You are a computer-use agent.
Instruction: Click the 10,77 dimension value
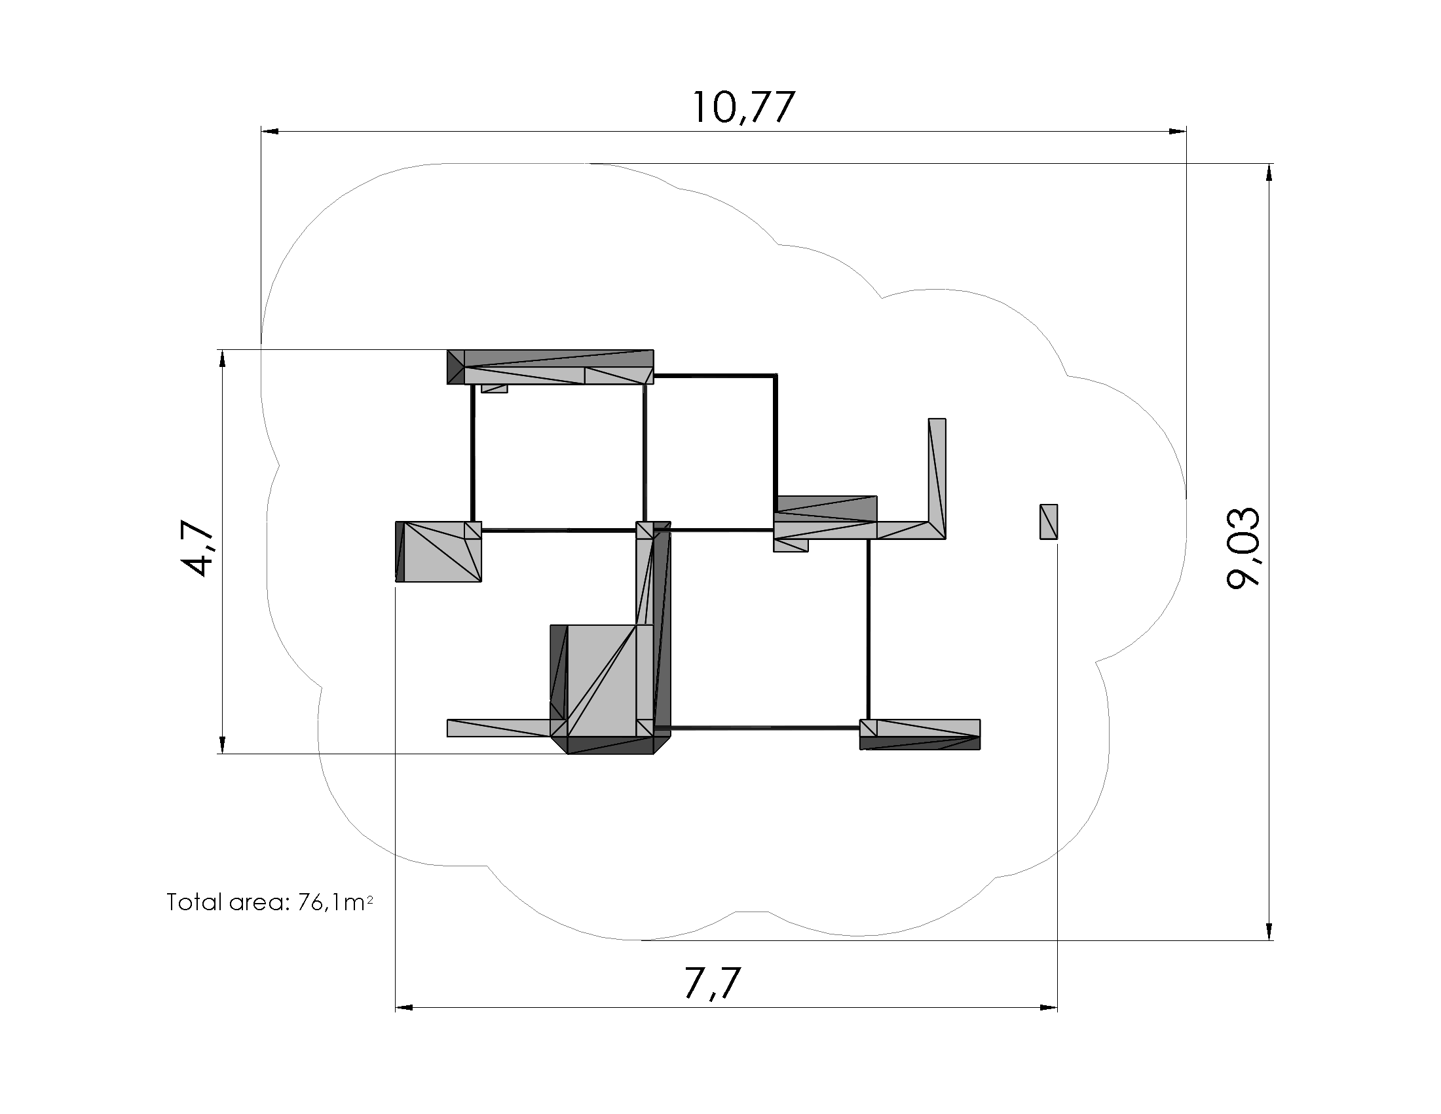[743, 107]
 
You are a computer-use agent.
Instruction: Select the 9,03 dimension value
[1243, 547]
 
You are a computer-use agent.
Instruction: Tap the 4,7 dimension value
[196, 547]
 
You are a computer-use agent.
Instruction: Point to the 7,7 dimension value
[713, 984]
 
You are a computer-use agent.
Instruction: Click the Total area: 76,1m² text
[270, 902]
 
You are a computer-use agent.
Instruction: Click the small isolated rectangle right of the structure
[1049, 522]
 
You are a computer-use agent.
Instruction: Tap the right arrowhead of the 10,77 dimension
[1178, 132]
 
